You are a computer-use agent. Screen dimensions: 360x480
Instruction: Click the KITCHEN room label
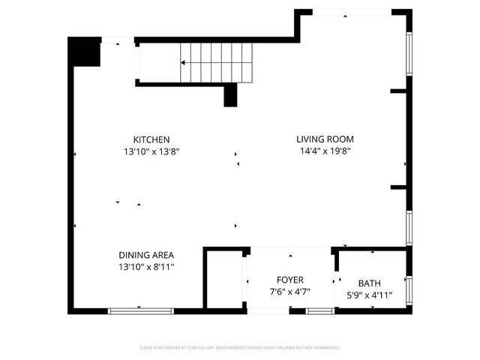point(151,139)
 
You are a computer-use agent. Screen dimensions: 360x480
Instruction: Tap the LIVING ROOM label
point(325,139)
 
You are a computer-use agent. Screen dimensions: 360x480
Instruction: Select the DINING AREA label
point(147,255)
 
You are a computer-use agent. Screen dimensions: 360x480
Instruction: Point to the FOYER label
point(289,280)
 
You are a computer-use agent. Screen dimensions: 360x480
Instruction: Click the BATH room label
point(369,283)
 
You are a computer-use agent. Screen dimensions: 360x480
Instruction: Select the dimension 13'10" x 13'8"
point(151,151)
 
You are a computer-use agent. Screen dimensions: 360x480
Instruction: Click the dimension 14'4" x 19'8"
point(325,150)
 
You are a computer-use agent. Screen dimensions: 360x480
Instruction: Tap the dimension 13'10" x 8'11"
point(147,266)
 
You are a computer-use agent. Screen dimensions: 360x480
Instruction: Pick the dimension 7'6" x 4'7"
point(289,291)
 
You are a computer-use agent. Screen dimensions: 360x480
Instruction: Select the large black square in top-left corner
point(84,52)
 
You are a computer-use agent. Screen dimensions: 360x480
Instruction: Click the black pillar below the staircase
point(231,95)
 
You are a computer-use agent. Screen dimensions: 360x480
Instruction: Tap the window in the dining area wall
point(141,310)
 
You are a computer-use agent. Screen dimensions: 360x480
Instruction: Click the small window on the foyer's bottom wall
point(320,310)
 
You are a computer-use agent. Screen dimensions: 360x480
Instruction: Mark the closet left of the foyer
point(224,279)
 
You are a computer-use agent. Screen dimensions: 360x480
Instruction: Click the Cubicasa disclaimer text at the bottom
point(240,348)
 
